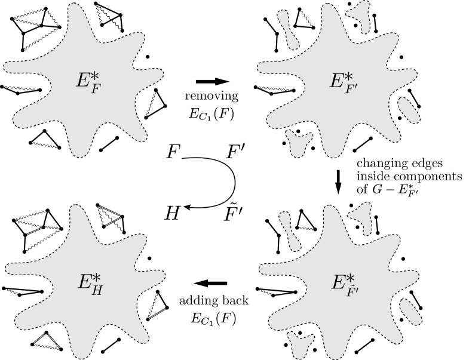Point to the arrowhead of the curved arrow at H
coord(187,207)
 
